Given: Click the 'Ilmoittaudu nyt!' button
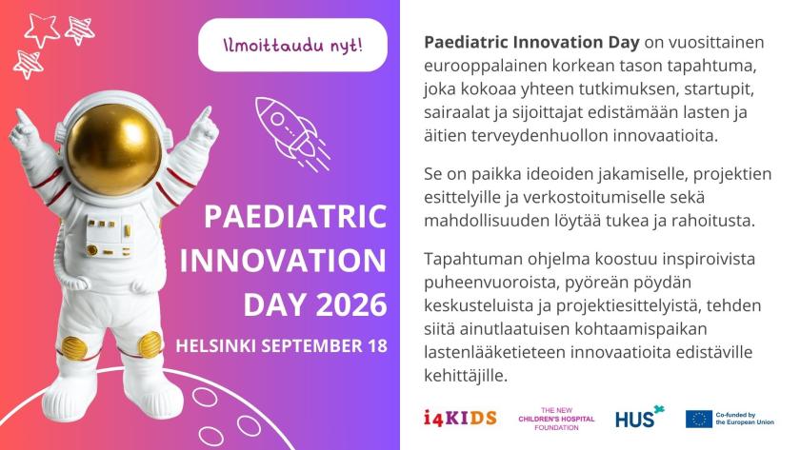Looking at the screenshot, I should point(292,45).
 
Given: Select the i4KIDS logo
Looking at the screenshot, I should point(459,418).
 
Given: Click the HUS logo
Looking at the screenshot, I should point(638,418).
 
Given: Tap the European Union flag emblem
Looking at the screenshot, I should point(699,419).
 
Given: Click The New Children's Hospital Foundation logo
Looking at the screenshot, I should point(556,418).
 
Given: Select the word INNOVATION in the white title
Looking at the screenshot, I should point(283,261).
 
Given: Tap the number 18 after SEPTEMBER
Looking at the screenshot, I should point(376,344).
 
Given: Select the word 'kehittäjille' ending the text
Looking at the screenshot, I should point(464,376).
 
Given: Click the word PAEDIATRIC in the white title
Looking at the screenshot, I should point(296,216).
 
